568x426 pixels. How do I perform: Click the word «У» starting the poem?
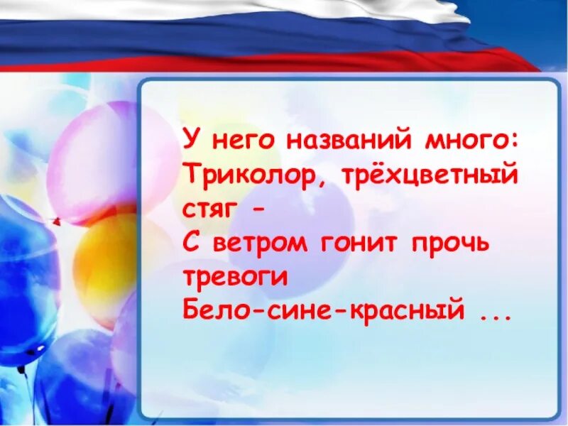(190, 138)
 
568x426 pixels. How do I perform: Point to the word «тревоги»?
(235, 278)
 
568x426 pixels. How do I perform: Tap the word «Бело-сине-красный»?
(322, 312)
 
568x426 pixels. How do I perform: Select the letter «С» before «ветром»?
(191, 244)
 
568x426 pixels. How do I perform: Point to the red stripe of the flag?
(284, 62)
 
